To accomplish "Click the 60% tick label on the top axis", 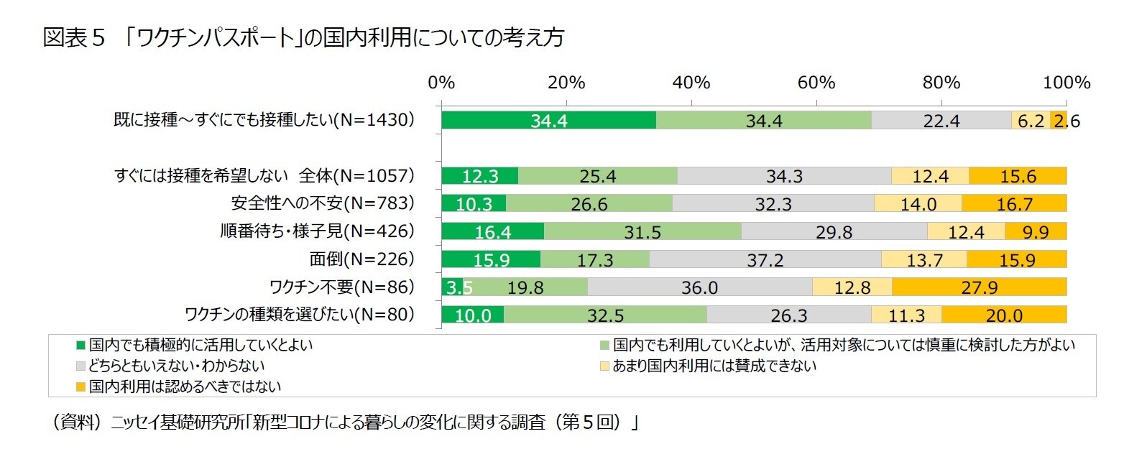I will point(816,83).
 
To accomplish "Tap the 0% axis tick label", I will point(441,83).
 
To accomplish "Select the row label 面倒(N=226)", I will point(362,259).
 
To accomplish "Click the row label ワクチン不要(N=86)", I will point(342,287).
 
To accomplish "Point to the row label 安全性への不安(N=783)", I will point(323,203).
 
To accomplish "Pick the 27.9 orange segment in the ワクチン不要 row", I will point(979,287).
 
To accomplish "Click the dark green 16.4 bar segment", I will point(493,231).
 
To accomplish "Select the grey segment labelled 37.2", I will point(765,259).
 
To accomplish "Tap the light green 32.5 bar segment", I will point(605,315).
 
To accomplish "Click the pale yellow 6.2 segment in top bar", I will point(1031,121).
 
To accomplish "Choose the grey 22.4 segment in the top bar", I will point(941,121).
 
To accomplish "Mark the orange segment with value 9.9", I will point(1036,231).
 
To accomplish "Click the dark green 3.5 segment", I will point(452,287).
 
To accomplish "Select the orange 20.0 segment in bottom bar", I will point(1003,315).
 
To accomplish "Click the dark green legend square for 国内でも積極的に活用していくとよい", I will point(81,346).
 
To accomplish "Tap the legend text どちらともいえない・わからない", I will point(177,366).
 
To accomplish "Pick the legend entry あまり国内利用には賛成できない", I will point(714,366).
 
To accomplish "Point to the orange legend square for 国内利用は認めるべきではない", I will point(81,387).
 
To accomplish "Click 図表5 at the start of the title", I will point(74,37).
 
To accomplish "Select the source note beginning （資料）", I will point(344,422).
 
